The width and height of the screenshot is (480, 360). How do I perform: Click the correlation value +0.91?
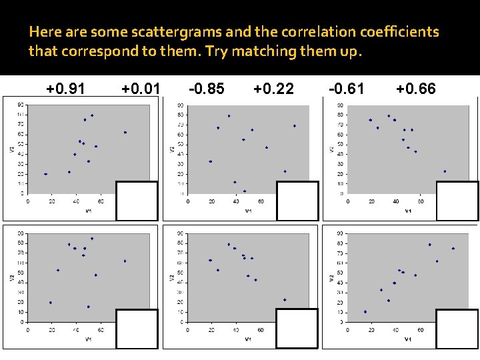[65, 88]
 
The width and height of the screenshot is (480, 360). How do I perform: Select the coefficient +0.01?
[141, 88]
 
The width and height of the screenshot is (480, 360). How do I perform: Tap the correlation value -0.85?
[207, 88]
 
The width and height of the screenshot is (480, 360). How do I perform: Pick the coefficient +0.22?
[274, 88]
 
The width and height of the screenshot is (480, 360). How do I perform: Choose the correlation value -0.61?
[347, 88]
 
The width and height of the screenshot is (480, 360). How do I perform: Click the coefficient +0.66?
[415, 88]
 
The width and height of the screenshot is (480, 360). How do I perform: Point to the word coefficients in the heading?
[393, 32]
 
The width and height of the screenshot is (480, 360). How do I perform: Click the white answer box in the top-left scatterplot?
[137, 201]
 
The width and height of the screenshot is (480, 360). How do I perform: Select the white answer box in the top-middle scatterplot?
[297, 201]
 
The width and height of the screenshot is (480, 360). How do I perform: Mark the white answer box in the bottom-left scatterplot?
[137, 329]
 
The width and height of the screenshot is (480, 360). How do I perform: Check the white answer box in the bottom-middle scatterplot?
[297, 329]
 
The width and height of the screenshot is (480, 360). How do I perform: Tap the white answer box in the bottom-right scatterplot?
[457, 329]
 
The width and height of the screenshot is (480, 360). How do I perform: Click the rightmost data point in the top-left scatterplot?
[125, 133]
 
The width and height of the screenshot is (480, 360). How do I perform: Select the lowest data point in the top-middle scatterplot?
[245, 191]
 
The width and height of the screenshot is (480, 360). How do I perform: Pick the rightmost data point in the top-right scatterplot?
[445, 171]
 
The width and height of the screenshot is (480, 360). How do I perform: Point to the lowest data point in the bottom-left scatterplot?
[88, 307]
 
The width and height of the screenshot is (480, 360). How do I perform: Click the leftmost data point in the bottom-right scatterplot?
[365, 311]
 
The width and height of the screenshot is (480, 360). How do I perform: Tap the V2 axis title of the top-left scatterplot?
[12, 148]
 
